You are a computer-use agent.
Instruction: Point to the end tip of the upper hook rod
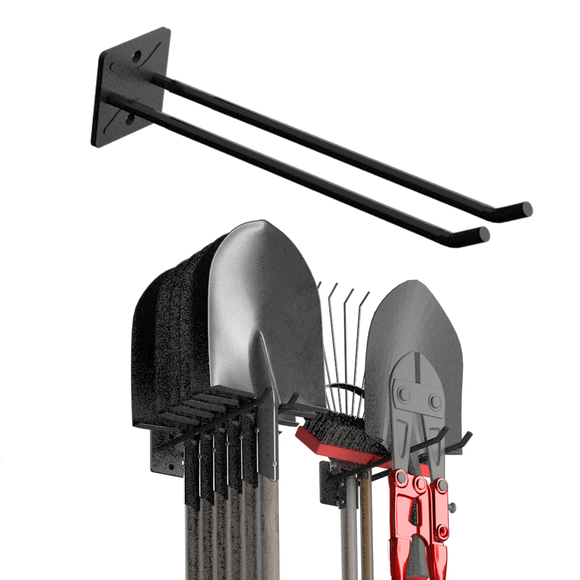pyautogui.click(x=527, y=209)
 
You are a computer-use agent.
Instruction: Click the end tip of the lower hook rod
pyautogui.click(x=485, y=233)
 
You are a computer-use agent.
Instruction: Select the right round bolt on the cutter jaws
pyautogui.click(x=435, y=401)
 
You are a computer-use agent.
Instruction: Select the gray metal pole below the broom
pyautogui.click(x=347, y=529)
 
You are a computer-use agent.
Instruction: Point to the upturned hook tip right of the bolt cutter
pyautogui.click(x=467, y=437)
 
